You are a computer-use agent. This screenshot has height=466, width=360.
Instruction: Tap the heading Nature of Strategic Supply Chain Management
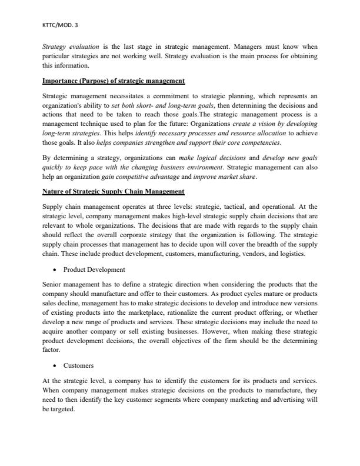(114, 192)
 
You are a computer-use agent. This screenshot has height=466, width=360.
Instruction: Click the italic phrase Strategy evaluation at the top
(66, 45)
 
